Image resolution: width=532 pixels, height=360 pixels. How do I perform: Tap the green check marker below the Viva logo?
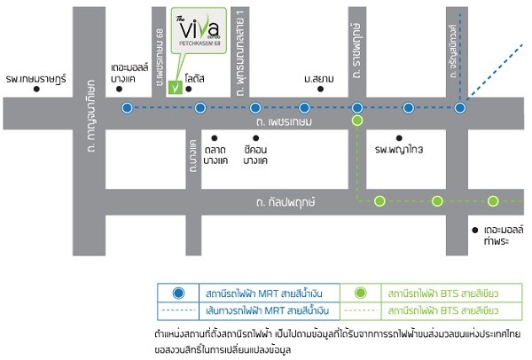click(x=176, y=87)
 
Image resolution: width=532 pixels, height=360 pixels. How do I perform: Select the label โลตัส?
click(x=196, y=79)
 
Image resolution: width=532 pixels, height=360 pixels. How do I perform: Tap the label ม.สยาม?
click(x=318, y=79)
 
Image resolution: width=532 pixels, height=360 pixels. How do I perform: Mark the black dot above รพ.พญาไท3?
click(x=400, y=137)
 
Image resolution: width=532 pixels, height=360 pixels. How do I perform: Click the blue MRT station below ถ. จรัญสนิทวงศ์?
click(x=460, y=108)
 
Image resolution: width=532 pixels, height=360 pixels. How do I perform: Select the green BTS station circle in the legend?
click(x=361, y=293)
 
